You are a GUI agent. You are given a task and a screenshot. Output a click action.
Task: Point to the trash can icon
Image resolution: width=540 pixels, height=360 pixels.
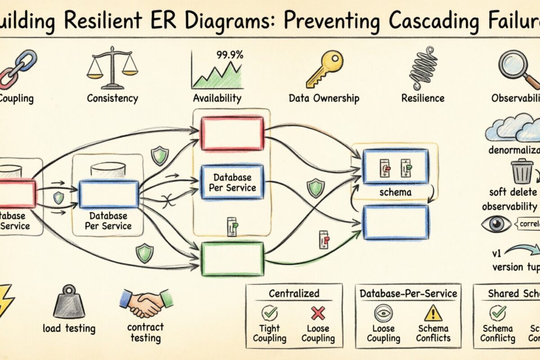[522, 171]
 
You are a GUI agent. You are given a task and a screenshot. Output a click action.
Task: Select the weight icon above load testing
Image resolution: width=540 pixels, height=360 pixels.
[69, 302]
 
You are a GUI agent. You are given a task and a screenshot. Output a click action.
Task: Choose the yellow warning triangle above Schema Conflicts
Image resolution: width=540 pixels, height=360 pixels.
[433, 312]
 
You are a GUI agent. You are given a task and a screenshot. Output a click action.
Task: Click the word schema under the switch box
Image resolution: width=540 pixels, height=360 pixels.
[395, 192]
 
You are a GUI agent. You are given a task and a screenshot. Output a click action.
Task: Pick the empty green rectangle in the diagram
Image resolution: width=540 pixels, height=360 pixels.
[232, 258]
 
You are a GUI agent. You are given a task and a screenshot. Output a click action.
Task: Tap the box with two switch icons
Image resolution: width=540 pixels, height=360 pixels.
[395, 167]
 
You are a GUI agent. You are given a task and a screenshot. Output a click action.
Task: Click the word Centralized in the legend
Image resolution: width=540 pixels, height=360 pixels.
[293, 293]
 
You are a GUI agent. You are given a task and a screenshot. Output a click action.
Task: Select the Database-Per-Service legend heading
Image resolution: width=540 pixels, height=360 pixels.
[408, 293]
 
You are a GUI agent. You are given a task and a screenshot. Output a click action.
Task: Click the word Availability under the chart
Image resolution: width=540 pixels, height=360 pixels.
[217, 98]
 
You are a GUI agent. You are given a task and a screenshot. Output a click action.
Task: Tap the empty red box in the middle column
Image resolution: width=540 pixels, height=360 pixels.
[232, 133]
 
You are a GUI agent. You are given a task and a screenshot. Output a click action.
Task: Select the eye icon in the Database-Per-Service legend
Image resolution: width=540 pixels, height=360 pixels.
[384, 312]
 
